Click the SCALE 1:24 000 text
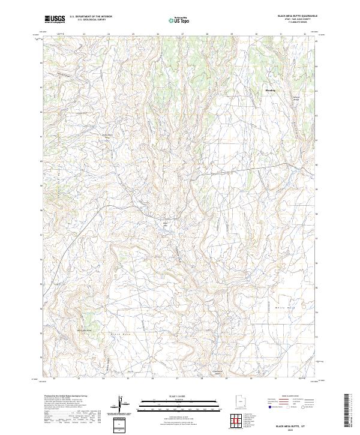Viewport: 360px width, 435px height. (179, 396)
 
